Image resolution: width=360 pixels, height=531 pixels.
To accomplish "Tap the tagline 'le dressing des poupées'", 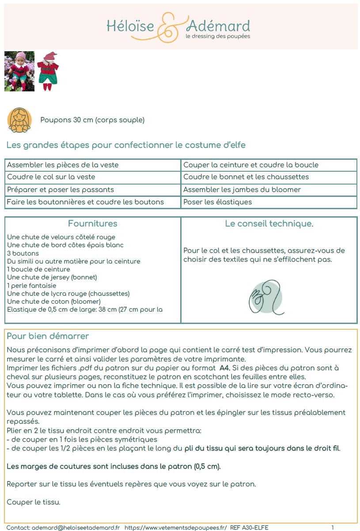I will (x=218, y=36).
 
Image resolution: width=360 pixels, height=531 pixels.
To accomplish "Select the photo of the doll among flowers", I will (x=19, y=72).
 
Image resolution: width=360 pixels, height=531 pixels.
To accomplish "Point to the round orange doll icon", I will (x=19, y=120).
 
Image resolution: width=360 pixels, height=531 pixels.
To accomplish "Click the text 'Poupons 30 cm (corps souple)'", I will (x=92, y=120).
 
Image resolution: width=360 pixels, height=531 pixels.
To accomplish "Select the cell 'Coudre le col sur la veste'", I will (x=51, y=177).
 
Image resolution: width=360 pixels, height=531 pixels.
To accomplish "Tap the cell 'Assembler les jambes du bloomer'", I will (x=242, y=189).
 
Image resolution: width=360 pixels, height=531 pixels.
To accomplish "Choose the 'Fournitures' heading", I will (x=92, y=224).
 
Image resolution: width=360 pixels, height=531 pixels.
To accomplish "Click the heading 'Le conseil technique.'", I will (x=269, y=224).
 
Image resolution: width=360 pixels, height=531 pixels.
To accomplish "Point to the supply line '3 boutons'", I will (x=23, y=253).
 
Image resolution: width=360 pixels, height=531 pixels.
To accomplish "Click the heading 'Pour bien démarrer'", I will (x=48, y=336).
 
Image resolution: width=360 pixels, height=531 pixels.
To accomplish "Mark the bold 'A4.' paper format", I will (x=224, y=368).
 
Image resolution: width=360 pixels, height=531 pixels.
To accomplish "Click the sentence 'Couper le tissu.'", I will (x=34, y=502).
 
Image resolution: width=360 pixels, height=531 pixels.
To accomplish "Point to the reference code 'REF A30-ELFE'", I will (x=249, y=527).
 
